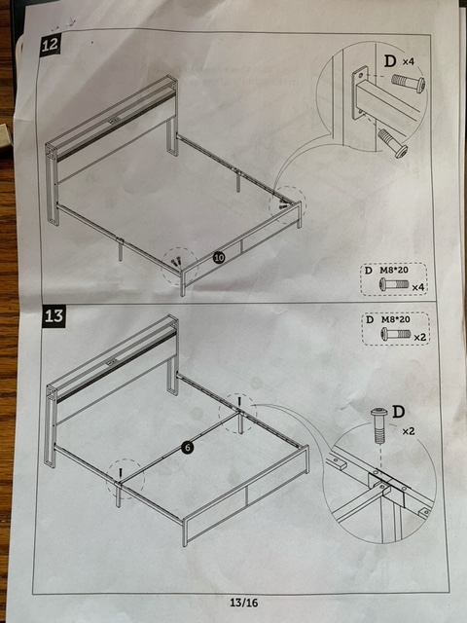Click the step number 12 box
(x=50, y=45)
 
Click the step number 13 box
(x=54, y=316)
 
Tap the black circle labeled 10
(x=219, y=258)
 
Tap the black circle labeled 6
(x=188, y=448)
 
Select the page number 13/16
(x=244, y=603)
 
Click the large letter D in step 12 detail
(x=390, y=61)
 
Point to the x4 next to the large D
(x=409, y=62)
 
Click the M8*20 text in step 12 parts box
(x=395, y=271)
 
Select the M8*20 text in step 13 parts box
(x=396, y=319)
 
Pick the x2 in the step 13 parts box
(x=419, y=338)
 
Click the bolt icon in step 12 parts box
(x=393, y=284)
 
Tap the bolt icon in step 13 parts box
(x=396, y=333)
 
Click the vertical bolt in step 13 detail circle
(x=379, y=425)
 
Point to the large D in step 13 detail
(x=398, y=412)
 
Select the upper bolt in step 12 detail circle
(x=409, y=84)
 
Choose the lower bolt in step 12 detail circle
(x=392, y=143)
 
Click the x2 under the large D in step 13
(x=409, y=431)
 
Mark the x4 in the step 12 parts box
(x=418, y=287)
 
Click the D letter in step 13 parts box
(x=370, y=320)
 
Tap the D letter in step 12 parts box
(x=369, y=271)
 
